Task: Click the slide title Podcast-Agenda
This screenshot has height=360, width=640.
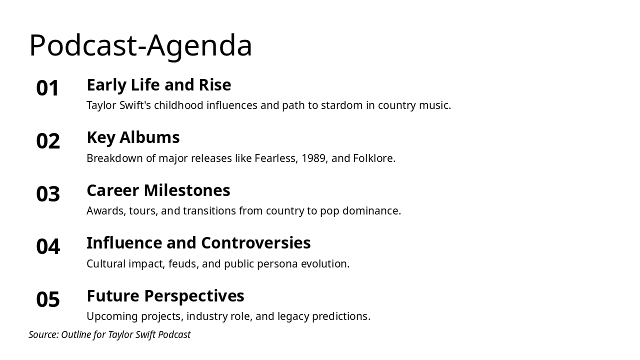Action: point(140,45)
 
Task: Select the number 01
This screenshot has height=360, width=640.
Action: point(48,88)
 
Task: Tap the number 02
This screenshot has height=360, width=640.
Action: point(48,141)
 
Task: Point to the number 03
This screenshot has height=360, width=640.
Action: point(48,194)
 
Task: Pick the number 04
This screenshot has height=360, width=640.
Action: point(48,247)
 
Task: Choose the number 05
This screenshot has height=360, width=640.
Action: point(48,300)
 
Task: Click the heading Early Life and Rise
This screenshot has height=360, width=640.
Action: point(158,85)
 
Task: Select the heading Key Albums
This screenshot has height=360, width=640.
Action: point(133,137)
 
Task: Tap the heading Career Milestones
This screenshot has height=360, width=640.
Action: point(158,190)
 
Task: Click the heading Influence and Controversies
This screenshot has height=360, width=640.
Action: point(198,243)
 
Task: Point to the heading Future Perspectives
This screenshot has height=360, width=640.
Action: point(165,296)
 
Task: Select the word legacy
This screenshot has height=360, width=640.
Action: point(293,316)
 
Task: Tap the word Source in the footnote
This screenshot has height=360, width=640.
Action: point(43,334)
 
